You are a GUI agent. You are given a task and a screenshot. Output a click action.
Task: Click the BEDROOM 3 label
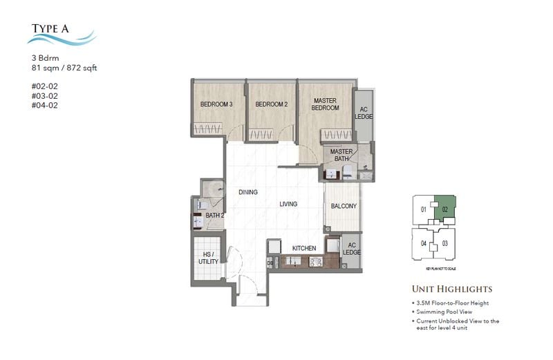pos(216,104)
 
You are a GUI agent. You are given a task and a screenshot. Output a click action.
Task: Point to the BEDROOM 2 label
pos(271,104)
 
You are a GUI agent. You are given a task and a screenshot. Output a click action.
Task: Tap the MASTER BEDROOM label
pos(325,104)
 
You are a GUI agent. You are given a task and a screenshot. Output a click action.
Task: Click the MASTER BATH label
pos(341,155)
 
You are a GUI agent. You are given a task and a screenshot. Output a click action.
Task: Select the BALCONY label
pos(344,206)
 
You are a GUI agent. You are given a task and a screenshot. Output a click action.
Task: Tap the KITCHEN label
pos(304,248)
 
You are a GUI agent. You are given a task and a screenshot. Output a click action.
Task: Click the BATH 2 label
pos(215,216)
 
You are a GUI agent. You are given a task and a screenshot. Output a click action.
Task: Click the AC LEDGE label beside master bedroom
pos(364,111)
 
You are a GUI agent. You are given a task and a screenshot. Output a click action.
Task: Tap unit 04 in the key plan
pos(422,243)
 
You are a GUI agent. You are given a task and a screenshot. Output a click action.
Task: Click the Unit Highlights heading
pos(452,289)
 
